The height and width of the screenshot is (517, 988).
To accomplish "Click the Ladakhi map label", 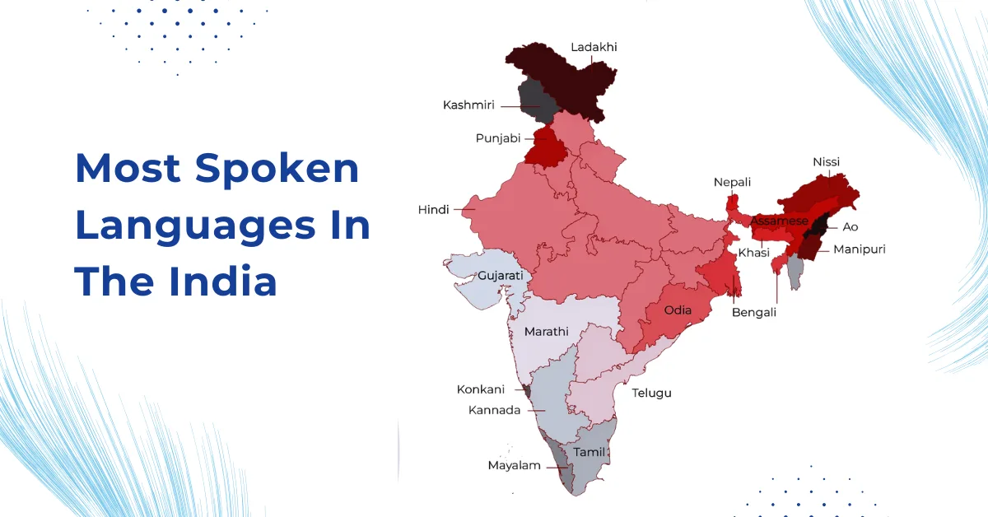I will [x=593, y=47].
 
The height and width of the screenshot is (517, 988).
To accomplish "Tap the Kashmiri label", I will [x=468, y=105].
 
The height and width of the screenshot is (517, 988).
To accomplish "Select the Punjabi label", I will [x=498, y=138].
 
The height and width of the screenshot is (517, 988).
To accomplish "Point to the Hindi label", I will [x=433, y=210].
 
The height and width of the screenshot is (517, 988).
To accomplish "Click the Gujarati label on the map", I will [x=501, y=274].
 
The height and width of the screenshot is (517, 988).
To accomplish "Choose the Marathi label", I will [x=546, y=332].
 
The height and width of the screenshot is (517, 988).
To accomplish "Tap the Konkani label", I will [x=481, y=389].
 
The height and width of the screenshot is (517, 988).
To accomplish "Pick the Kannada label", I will [x=494, y=410].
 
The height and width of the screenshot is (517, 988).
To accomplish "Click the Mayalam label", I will [x=514, y=465].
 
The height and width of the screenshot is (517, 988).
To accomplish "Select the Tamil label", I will [x=589, y=452].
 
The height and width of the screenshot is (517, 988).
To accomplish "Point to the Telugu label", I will [x=651, y=393].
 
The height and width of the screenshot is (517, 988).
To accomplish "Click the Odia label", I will [x=678, y=310].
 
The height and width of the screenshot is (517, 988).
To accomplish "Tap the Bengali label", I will [x=754, y=313].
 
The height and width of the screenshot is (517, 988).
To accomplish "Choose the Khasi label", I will [x=753, y=253].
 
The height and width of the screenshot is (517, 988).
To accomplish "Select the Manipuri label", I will [x=859, y=249].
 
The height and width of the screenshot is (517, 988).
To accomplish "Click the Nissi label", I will [x=826, y=162].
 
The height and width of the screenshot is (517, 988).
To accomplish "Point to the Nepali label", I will [x=732, y=182].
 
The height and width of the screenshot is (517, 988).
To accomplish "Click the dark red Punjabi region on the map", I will [x=543, y=147].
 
